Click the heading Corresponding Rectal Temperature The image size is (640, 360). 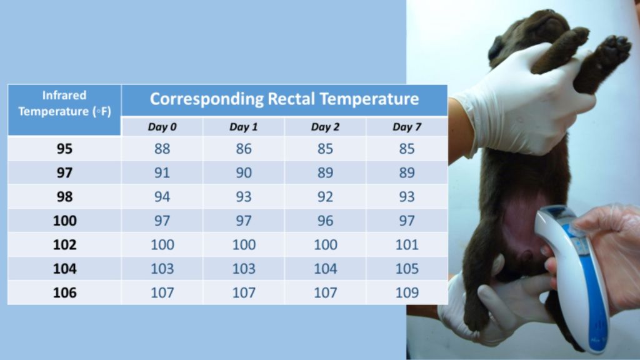pos(284,99)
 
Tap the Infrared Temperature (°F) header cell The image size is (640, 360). pos(64,104)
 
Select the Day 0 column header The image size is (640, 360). pos(162,127)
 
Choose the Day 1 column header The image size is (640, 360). pos(244,127)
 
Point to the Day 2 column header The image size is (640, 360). pos(325,127)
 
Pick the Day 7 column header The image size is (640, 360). pos(407,127)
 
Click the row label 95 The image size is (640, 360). pos(64,149)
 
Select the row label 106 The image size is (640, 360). pos(64,292)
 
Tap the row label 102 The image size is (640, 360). pos(64,244)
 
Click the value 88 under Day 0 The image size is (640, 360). pos(162,149)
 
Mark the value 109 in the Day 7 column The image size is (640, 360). pos(407,292)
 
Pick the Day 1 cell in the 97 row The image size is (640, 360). pos(244,173)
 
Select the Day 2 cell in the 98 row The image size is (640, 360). pos(325,197)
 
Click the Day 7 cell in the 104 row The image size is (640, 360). pos(407,269)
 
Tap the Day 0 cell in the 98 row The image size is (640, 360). pos(162,197)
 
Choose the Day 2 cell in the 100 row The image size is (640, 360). pos(325,221)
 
